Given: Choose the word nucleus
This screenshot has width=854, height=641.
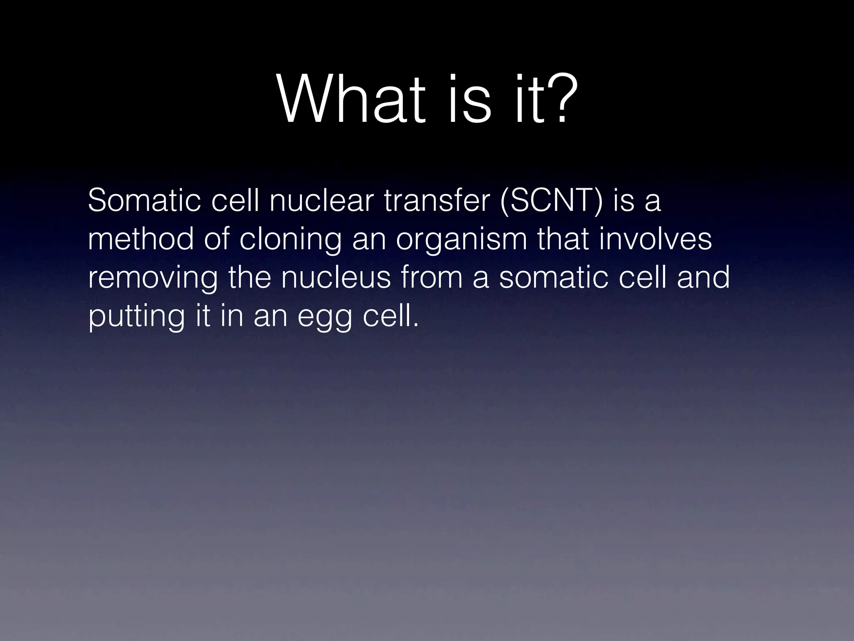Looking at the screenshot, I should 336,278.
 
